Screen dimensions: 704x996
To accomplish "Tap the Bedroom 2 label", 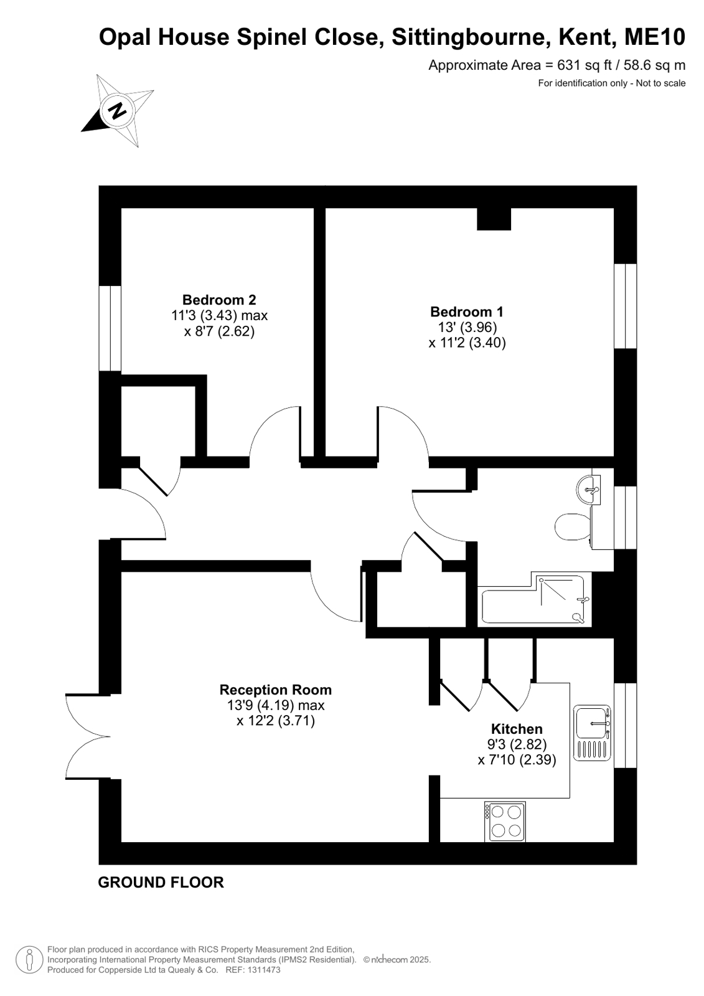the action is [x=219, y=300].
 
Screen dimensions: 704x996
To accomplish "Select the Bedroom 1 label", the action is [x=467, y=311].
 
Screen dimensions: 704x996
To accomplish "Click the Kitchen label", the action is [x=517, y=729].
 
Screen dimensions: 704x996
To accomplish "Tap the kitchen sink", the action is [x=592, y=733].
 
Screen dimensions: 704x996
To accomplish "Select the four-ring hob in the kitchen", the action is [x=505, y=822].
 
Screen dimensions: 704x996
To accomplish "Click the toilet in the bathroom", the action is [x=573, y=527].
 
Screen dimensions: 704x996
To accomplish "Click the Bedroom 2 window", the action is [x=110, y=328].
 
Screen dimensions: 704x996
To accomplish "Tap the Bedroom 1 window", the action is [x=626, y=306].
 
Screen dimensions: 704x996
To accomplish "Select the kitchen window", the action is [x=626, y=725].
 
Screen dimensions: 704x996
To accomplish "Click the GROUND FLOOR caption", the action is [x=161, y=882].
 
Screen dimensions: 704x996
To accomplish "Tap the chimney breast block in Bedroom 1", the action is [x=494, y=219].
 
